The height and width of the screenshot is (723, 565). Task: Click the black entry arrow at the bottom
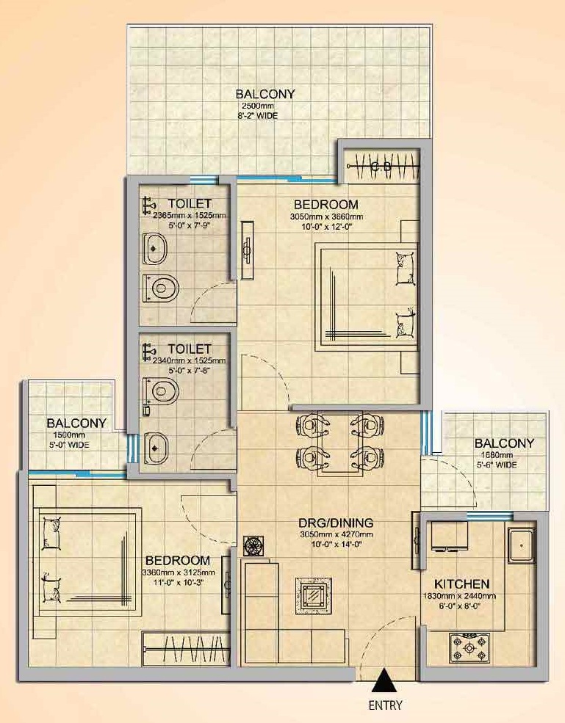tap(386, 682)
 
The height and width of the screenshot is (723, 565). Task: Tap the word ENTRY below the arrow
tap(386, 705)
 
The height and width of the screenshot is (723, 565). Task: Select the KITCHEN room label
tap(461, 584)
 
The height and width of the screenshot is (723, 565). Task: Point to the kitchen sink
tap(522, 545)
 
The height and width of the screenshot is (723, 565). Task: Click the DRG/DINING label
tap(336, 523)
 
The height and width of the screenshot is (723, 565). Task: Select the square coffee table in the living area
tap(314, 596)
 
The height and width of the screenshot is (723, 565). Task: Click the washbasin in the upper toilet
tap(154, 249)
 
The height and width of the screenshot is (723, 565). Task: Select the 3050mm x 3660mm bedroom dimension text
tap(326, 217)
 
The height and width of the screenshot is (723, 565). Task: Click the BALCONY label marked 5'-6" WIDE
tap(504, 443)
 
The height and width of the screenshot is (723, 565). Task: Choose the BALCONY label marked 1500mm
tap(76, 423)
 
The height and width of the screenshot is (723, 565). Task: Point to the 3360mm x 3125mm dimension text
tap(179, 573)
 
